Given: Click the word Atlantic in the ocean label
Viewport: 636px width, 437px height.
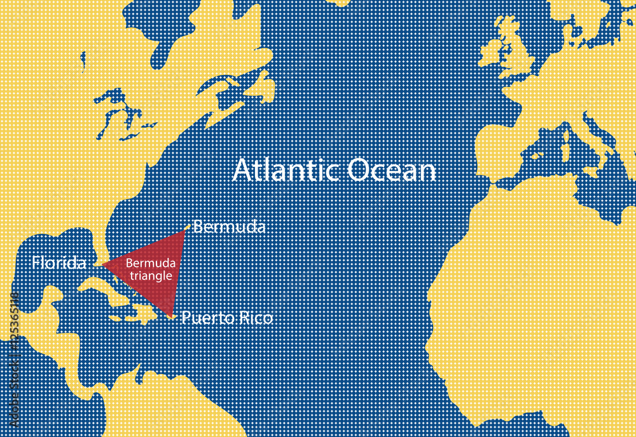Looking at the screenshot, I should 287,170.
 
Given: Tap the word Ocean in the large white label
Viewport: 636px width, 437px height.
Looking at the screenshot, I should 392,170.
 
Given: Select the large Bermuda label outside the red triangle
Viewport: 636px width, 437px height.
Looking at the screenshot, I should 229,227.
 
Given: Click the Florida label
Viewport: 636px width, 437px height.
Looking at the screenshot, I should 59,263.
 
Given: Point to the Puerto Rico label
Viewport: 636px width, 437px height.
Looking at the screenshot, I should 227,318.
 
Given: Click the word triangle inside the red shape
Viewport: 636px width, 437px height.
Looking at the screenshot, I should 151,276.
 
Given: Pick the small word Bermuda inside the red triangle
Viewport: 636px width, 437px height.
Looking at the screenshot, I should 150,263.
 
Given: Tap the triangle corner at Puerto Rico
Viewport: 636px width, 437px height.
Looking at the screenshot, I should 172,316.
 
